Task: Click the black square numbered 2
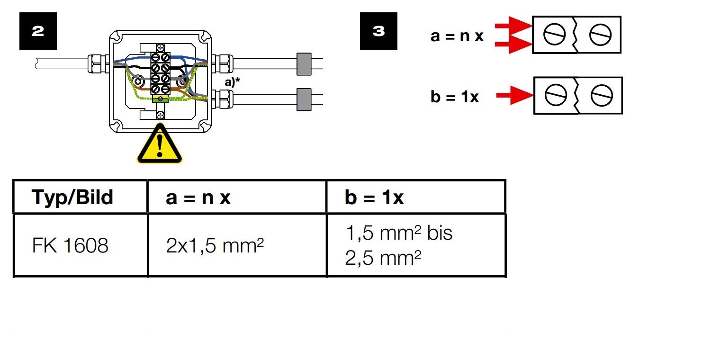tap(38, 31)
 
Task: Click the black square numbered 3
tap(378, 31)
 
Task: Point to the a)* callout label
tap(232, 82)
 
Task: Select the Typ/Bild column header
tap(72, 197)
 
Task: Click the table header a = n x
tap(198, 198)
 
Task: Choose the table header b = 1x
tap(374, 197)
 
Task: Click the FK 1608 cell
tap(70, 245)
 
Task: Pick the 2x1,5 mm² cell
tap(215, 245)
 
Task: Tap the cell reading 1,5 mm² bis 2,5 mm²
tap(398, 245)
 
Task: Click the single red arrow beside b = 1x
tap(514, 95)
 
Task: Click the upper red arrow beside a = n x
tap(513, 26)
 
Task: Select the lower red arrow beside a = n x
tap(513, 45)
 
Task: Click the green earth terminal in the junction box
tap(161, 99)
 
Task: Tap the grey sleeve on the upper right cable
tap(304, 64)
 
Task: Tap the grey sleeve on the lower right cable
tap(304, 99)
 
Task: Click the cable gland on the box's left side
tap(99, 64)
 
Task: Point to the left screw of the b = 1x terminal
tap(556, 95)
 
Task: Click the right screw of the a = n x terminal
tap(600, 35)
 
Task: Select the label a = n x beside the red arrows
tap(457, 36)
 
